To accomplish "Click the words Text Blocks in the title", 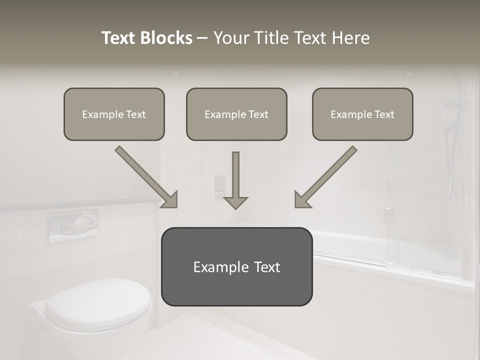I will click(146, 38).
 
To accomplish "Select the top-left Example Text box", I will click(114, 114).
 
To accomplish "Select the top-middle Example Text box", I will click(236, 114).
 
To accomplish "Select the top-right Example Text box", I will click(362, 114).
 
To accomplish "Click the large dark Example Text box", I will click(236, 267).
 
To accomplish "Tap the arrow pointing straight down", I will click(235, 180).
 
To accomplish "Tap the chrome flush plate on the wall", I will click(73, 226).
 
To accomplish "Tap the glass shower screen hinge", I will click(388, 215).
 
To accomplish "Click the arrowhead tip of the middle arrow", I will click(235, 207).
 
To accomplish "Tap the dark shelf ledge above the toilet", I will click(80, 204).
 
